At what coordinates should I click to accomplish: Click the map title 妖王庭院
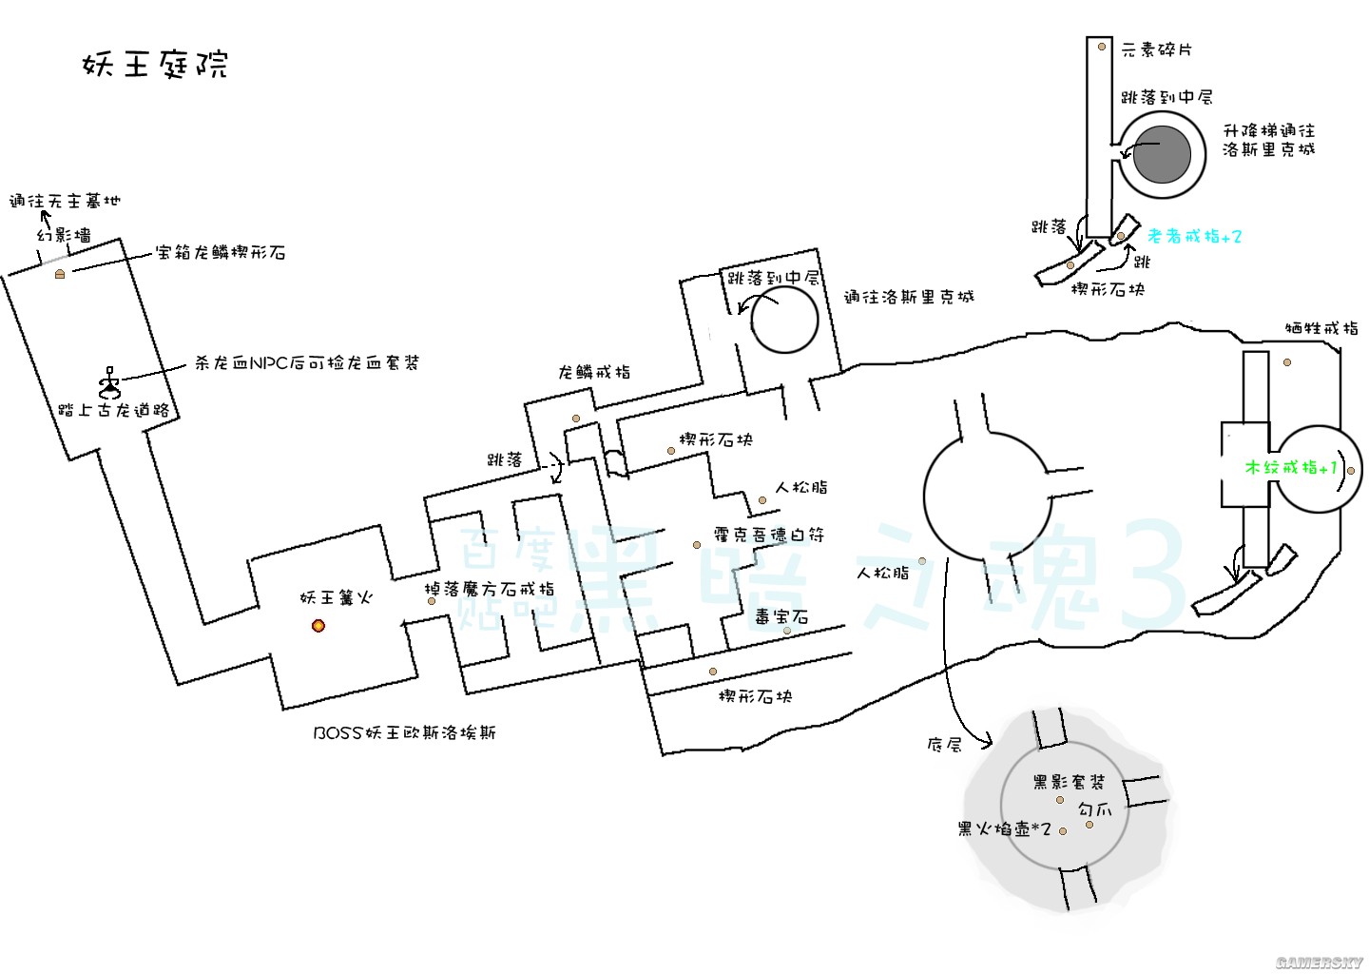(155, 64)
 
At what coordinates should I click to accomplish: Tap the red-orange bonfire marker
(318, 626)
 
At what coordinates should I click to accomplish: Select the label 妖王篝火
(336, 597)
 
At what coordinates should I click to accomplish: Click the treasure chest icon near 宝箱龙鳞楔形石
(60, 274)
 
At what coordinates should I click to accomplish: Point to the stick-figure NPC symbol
(110, 382)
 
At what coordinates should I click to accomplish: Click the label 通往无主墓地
(65, 201)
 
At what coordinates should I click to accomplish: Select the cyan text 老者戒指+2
(1194, 236)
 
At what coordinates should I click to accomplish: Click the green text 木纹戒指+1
(1291, 468)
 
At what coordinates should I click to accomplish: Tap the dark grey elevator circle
(1162, 155)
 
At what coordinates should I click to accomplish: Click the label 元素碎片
(1156, 49)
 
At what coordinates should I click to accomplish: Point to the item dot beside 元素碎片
(1101, 47)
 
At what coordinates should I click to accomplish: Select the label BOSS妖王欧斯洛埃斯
(404, 732)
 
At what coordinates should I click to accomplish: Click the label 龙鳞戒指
(594, 372)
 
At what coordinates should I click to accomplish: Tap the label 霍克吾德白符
(769, 535)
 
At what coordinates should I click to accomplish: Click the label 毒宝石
(781, 616)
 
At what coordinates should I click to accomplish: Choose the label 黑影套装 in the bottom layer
(1069, 782)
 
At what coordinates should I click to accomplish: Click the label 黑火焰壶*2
(1004, 829)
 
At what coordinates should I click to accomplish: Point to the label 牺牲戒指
(1321, 328)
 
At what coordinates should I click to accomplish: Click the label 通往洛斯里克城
(909, 297)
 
